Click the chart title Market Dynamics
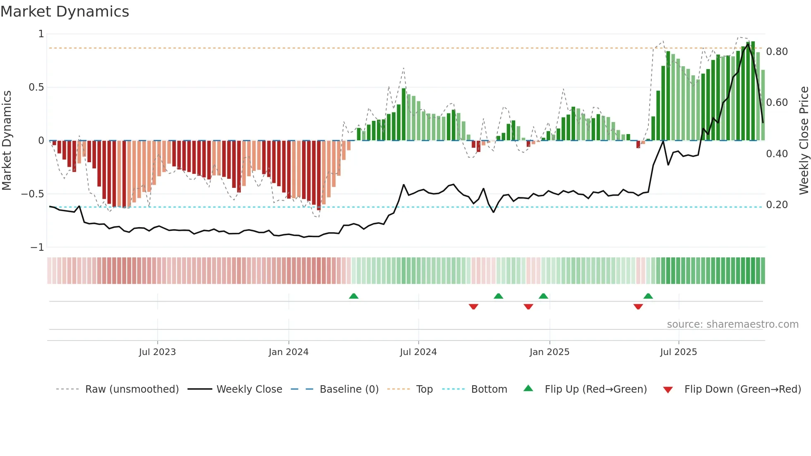click(x=65, y=12)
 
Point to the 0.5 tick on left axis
click(x=36, y=87)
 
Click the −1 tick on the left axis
click(x=37, y=247)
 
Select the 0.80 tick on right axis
click(x=777, y=52)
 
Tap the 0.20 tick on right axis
click(x=777, y=205)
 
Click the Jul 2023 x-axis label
click(x=157, y=352)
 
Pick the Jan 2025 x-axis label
click(x=549, y=352)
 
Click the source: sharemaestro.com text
click(x=732, y=324)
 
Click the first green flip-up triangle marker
click(x=353, y=296)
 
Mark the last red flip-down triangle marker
click(x=638, y=307)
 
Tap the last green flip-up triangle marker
click(x=648, y=296)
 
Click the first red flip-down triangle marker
click(x=473, y=307)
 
